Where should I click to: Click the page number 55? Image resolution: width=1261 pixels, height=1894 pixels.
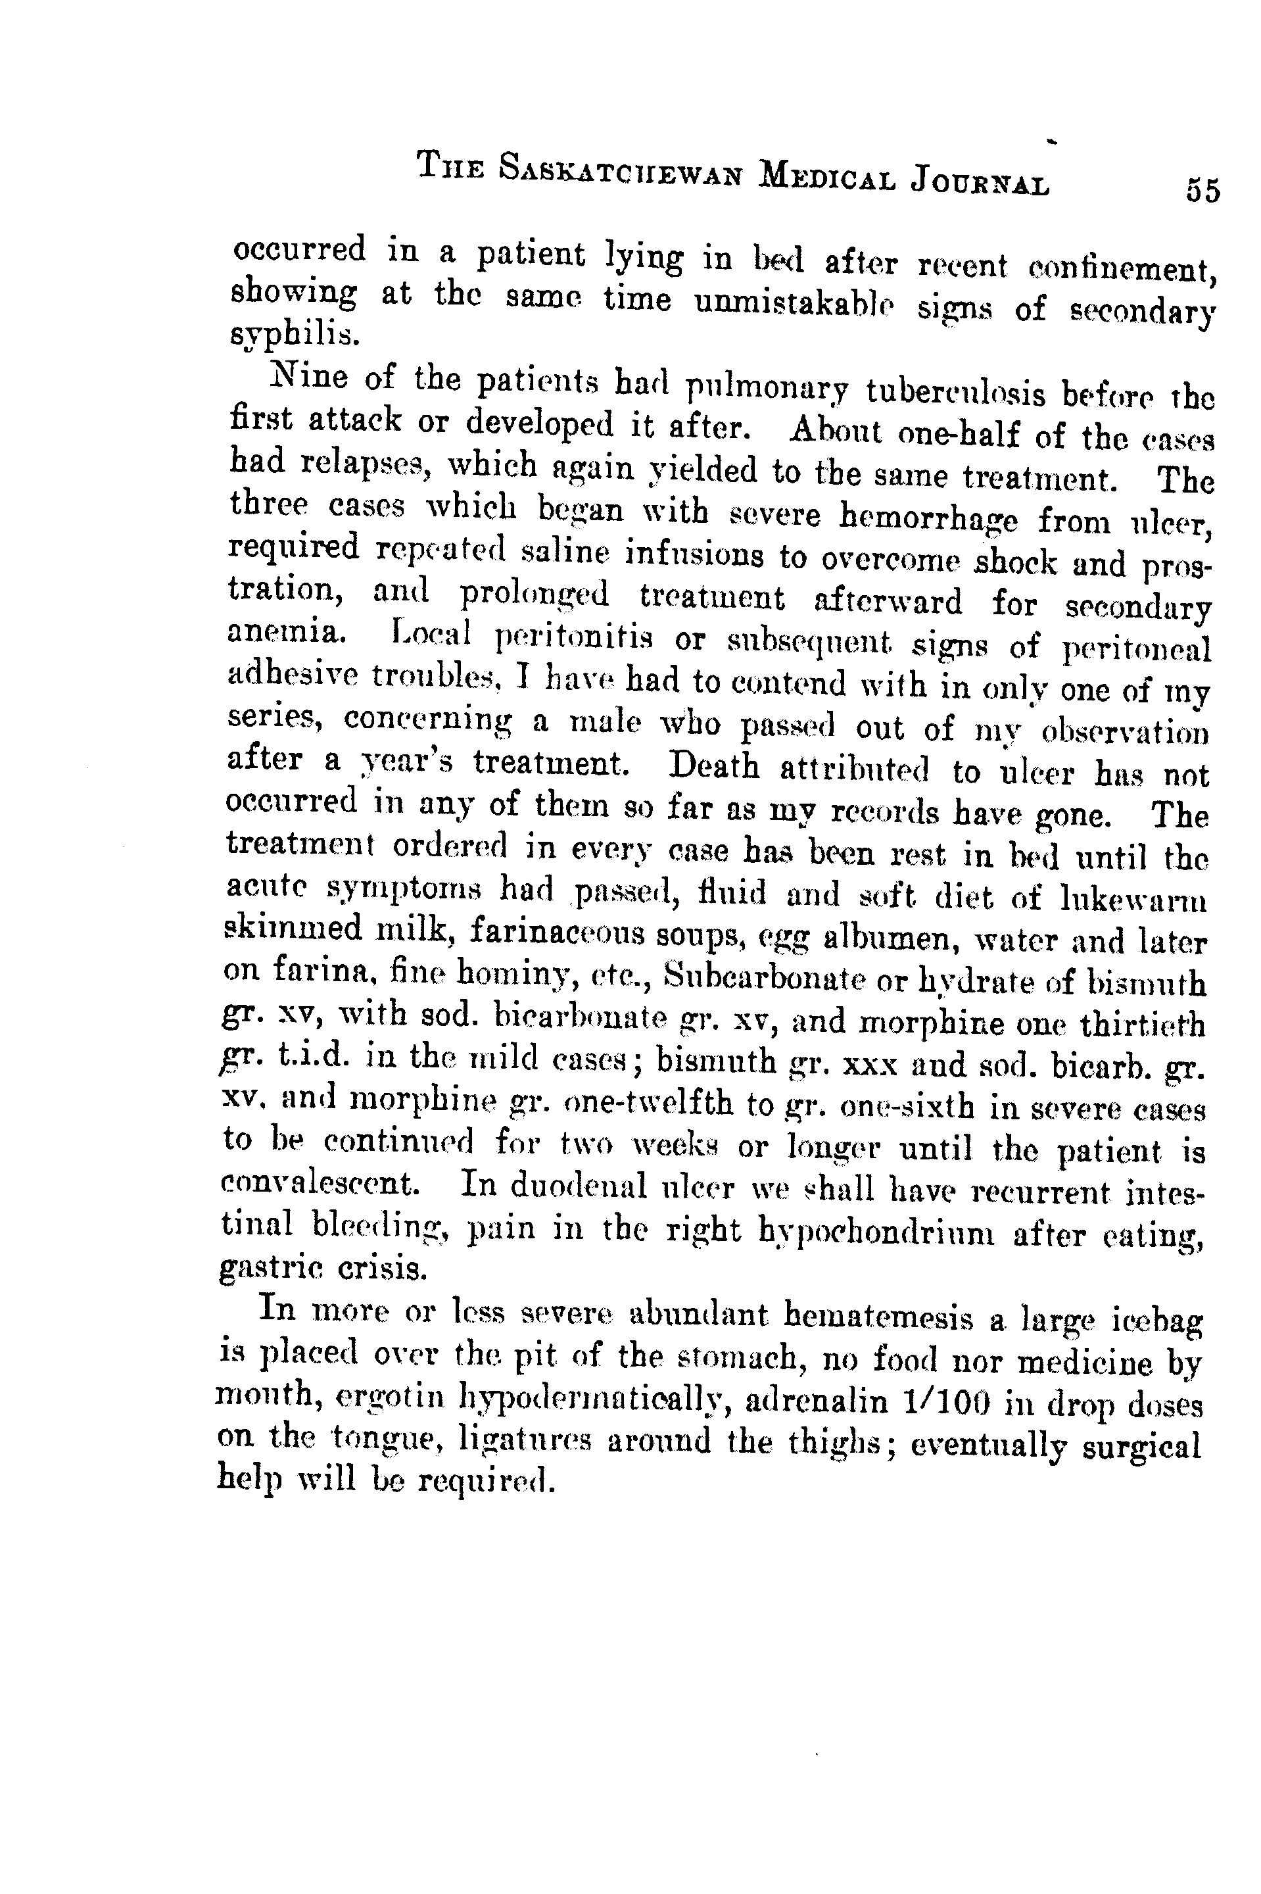click(x=1201, y=191)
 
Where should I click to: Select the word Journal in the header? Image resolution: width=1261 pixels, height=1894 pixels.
click(x=980, y=182)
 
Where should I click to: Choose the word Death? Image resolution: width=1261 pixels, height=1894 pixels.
click(x=714, y=765)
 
